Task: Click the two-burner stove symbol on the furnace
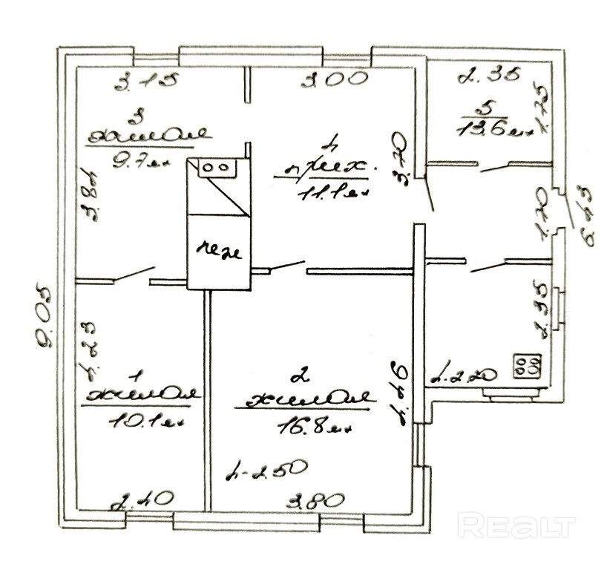point(215,167)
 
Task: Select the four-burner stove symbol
point(526,365)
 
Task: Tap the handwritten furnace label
point(218,252)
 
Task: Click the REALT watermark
point(516,526)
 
